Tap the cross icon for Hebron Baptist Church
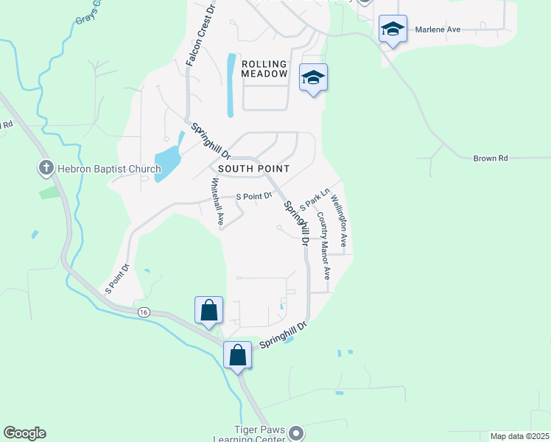tap(46, 169)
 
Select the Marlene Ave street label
tap(438, 29)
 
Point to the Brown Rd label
tap(491, 158)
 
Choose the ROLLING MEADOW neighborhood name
tap(264, 69)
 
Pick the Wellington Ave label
tap(337, 220)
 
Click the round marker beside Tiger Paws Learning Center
tap(296, 432)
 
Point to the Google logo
tap(24, 433)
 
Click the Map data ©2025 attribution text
tap(519, 436)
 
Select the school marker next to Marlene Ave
tap(393, 30)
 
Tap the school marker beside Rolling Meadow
tap(313, 77)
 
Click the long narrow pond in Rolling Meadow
tap(231, 85)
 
